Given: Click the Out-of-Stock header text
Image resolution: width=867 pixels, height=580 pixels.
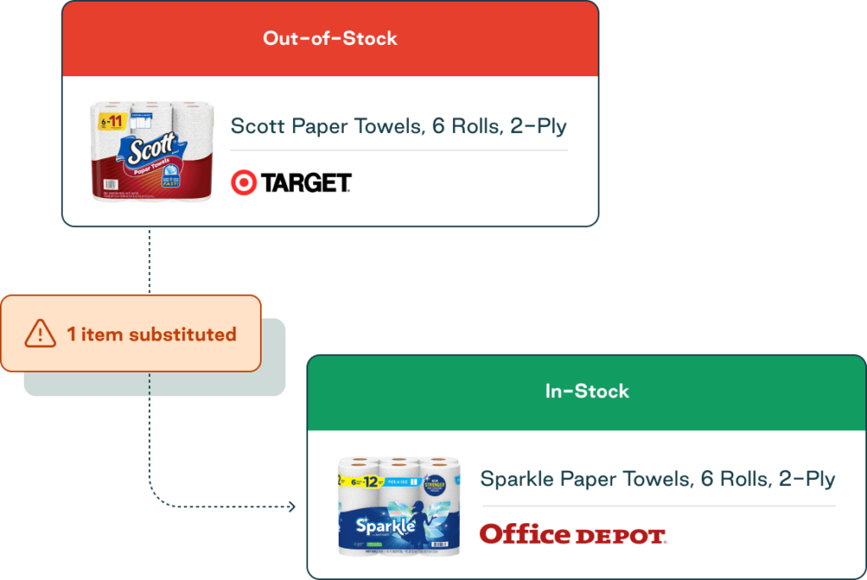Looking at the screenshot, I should coord(329,38).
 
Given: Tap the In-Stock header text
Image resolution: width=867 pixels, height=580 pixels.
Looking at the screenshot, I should coord(587,391).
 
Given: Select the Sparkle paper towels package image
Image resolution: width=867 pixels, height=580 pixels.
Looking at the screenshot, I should coord(398,505).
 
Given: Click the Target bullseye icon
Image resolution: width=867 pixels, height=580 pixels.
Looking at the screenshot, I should coord(243,182).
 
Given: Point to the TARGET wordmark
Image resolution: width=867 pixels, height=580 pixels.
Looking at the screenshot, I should coord(306,183).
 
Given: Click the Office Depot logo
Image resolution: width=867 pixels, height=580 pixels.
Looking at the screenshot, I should coord(572,534).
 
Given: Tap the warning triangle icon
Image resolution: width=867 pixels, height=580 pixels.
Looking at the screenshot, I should coord(40,334).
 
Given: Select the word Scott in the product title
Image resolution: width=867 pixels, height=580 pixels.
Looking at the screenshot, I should coord(258,127).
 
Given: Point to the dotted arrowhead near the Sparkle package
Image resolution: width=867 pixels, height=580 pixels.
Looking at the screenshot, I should coord(291,506).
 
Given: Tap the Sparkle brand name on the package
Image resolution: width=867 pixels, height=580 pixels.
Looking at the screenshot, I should coord(385,527).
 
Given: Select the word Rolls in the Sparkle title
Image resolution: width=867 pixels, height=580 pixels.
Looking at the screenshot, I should coord(748,479).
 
